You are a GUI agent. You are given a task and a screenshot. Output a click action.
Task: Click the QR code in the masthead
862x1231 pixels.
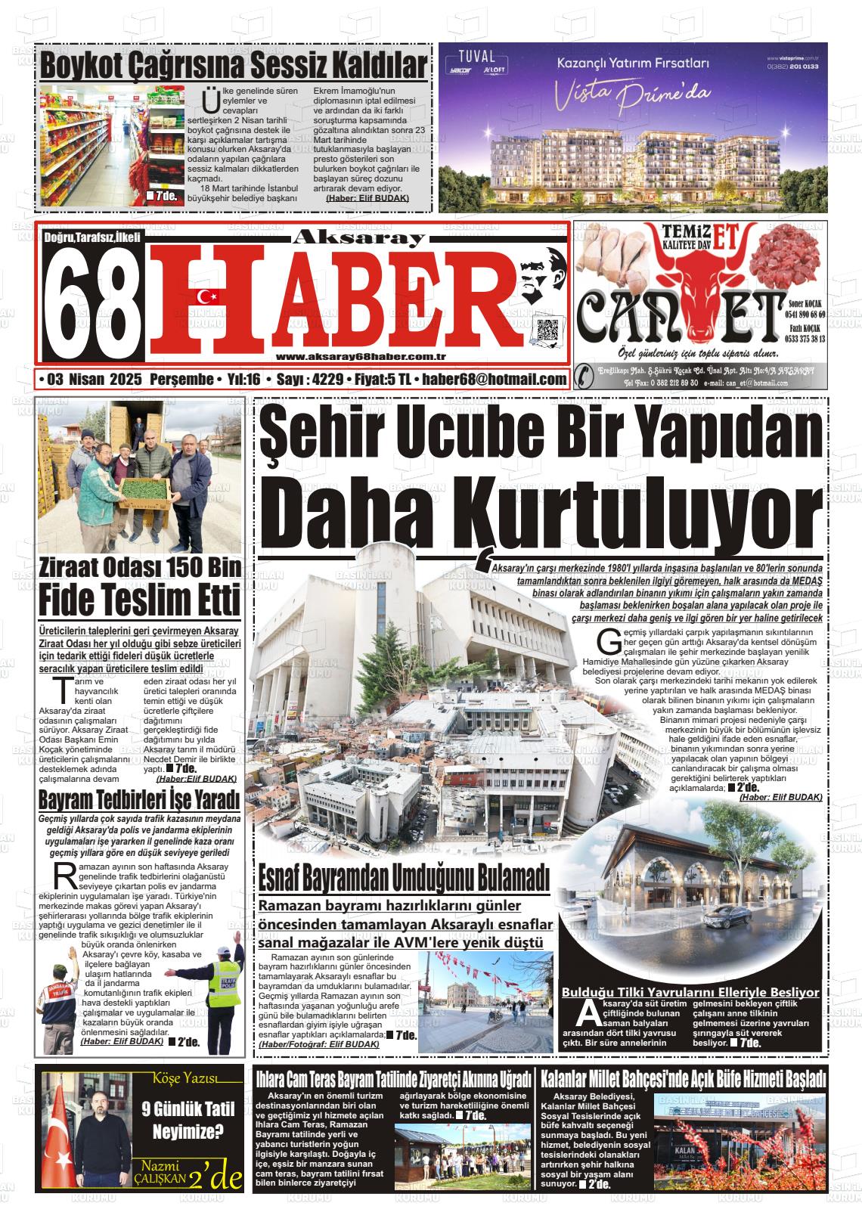click(x=548, y=331)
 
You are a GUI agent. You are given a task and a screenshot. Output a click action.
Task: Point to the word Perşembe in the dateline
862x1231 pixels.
click(x=181, y=379)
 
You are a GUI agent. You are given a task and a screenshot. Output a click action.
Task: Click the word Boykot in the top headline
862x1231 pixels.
click(x=83, y=66)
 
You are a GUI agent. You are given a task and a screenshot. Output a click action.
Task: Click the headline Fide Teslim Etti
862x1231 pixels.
click(x=140, y=601)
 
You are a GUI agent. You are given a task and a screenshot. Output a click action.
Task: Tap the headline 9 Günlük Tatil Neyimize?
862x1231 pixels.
click(x=188, y=1121)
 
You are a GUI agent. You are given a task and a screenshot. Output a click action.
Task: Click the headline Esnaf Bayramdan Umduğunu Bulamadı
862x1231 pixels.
click(x=403, y=879)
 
